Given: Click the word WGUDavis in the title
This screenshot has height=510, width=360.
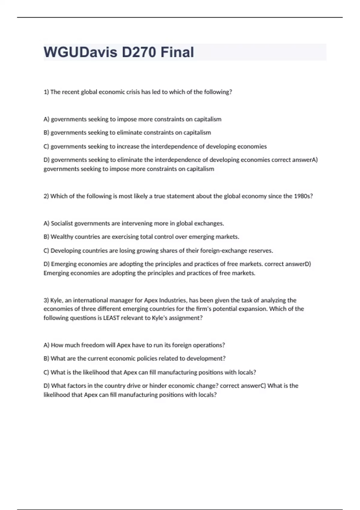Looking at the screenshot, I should point(80,52).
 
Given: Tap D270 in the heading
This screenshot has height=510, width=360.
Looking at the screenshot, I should point(139,52).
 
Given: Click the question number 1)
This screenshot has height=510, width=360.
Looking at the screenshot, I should point(46,92).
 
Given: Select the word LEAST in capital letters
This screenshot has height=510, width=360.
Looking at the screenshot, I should point(111,318).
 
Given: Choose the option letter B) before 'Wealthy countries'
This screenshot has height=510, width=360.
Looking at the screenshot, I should point(46,237).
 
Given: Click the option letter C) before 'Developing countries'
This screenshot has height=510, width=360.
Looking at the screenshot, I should point(46,251).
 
